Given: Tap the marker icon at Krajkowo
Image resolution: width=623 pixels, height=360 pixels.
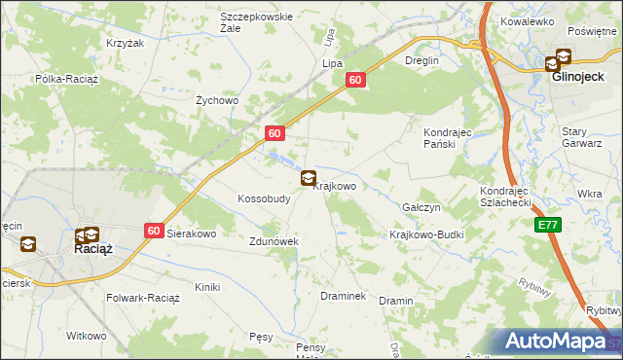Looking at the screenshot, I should click(x=309, y=178).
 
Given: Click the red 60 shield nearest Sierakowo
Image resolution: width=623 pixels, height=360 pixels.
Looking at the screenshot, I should click(x=154, y=231).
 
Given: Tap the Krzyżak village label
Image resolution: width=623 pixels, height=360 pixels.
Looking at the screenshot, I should click(x=125, y=44).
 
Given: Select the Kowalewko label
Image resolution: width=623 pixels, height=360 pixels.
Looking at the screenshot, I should click(x=527, y=20).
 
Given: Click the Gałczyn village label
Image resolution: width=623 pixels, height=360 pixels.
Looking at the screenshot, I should click(x=421, y=208).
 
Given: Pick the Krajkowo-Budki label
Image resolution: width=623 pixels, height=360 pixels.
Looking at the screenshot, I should click(x=426, y=235).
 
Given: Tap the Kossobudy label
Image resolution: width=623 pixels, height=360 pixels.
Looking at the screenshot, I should click(x=264, y=198).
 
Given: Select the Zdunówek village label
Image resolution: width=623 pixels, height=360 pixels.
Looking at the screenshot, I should click(x=273, y=241).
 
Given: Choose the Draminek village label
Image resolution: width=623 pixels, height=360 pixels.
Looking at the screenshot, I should click(x=341, y=296).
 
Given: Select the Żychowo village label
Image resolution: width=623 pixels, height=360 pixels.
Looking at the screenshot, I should click(x=217, y=100).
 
